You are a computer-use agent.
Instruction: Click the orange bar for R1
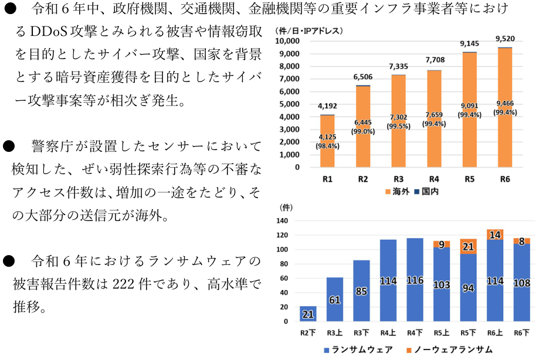pyautogui.click(x=327, y=141)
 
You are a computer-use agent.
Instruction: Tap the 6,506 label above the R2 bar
pyautogui.click(x=362, y=77)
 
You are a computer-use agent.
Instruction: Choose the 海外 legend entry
pyautogui.click(x=397, y=192)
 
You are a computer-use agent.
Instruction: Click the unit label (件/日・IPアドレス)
pyautogui.click(x=308, y=30)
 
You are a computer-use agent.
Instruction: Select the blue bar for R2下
pyautogui.click(x=308, y=314)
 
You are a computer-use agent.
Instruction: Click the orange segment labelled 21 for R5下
pyautogui.click(x=468, y=246)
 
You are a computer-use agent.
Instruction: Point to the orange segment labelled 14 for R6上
pyautogui.click(x=495, y=235)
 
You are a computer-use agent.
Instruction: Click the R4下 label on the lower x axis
pyautogui.click(x=415, y=333)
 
